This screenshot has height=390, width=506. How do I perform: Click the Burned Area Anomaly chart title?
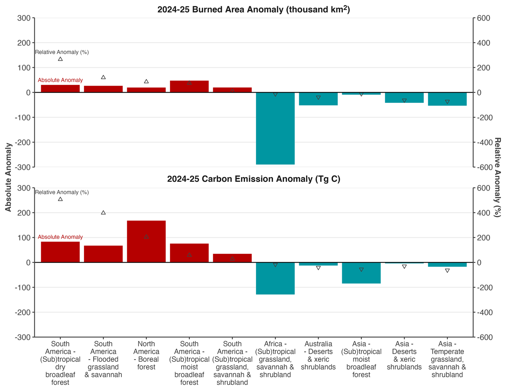(253, 10)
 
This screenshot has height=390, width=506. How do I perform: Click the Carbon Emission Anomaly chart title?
(253, 179)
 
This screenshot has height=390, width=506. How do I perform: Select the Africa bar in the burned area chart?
(275, 128)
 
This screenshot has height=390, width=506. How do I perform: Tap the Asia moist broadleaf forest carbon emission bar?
(361, 273)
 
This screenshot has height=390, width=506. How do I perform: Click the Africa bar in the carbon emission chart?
(275, 278)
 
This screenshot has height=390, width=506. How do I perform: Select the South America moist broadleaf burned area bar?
(189, 87)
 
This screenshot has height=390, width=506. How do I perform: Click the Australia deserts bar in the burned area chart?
(318, 99)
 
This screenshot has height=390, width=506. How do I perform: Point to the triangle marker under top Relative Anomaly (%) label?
(60, 59)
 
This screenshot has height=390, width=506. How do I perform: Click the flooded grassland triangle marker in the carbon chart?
(103, 213)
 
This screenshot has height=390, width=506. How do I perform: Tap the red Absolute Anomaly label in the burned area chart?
(60, 80)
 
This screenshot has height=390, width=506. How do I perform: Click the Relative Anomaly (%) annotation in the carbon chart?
(62, 192)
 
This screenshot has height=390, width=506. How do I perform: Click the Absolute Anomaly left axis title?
(8, 177)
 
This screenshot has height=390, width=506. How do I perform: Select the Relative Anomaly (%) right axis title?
(497, 177)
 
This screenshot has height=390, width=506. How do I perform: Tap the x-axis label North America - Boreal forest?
(146, 355)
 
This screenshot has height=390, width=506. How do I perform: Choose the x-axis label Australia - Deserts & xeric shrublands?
(318, 355)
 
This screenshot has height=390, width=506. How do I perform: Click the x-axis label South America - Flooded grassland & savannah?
(103, 359)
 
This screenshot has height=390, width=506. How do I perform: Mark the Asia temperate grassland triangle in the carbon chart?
(447, 271)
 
